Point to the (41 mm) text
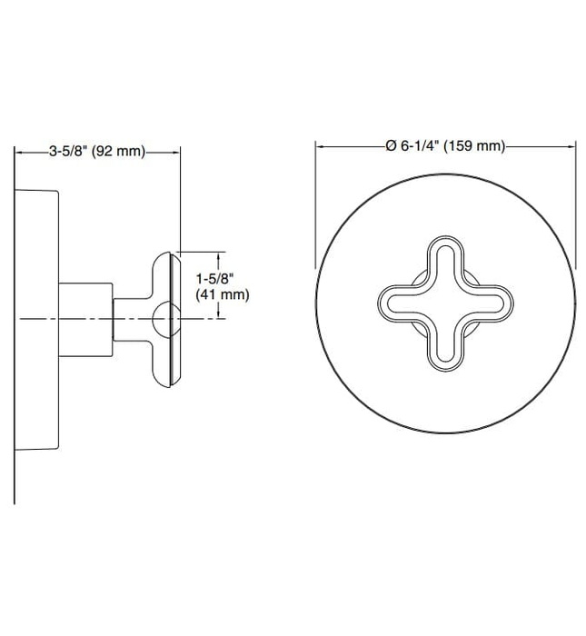point(222,294)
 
